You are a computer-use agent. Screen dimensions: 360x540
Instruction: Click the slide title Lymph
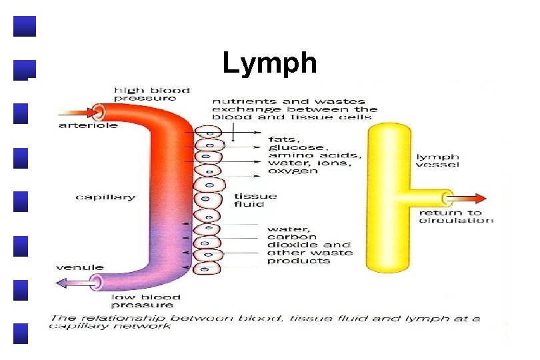tap(269, 64)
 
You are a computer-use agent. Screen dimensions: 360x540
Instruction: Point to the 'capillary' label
tap(105, 197)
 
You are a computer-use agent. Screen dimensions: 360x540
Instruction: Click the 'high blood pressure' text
tap(152, 93)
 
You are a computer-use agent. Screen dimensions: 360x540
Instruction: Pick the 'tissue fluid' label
tap(255, 201)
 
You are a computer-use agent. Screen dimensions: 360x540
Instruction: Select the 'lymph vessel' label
tap(437, 161)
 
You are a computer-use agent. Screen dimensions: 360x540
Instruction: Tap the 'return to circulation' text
tap(456, 216)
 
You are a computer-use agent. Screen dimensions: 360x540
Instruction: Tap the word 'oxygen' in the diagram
tap(293, 171)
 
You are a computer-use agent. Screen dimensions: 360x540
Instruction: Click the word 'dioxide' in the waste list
tap(289, 245)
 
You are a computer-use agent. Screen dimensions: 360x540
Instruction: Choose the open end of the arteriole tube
tap(99, 111)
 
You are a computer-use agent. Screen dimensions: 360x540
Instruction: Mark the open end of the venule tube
tap(97, 282)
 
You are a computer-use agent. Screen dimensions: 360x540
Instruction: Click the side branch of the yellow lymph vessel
tap(427, 197)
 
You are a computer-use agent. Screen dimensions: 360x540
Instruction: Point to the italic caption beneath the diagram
tap(265, 322)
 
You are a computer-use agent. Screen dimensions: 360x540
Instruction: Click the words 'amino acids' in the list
tap(314, 155)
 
